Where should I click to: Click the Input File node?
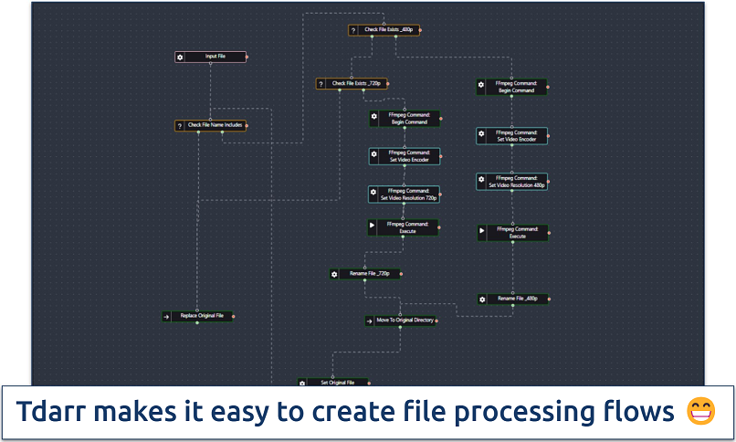[210, 57]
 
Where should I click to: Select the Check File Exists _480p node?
[384, 30]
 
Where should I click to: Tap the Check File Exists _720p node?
[352, 84]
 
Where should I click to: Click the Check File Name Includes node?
[211, 125]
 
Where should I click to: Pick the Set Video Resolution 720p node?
[404, 195]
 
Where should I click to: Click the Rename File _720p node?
[365, 273]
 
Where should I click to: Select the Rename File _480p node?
[514, 299]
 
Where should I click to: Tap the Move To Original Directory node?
[400, 321]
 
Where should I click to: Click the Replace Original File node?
[196, 316]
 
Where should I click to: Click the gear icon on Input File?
[180, 57]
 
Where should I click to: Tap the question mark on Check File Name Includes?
[180, 125]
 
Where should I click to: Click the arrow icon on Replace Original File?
[166, 316]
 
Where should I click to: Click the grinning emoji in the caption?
[701, 412]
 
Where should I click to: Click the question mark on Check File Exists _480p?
[353, 30]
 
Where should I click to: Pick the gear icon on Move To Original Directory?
[369, 321]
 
